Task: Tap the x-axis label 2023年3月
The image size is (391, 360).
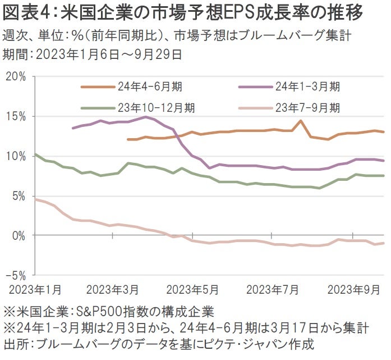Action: (113, 289)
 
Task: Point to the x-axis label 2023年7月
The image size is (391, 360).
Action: (273, 289)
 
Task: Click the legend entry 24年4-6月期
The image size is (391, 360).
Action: (149, 86)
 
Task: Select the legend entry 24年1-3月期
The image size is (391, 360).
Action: (307, 86)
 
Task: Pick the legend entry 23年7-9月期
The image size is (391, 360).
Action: (307, 107)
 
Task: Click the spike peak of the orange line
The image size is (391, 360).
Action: (301, 121)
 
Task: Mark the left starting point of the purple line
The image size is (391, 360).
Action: (73, 128)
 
